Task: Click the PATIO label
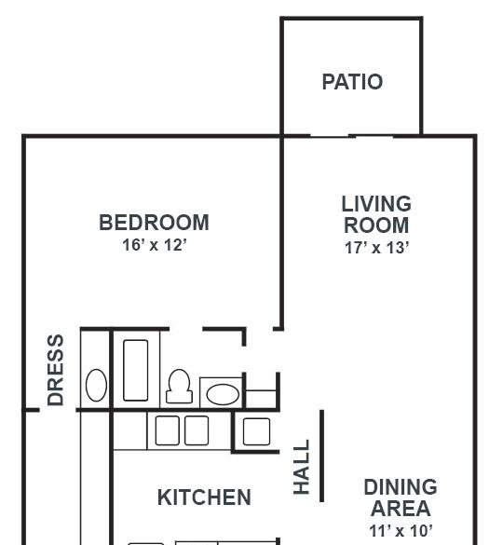[352, 82]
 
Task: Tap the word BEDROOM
[154, 223]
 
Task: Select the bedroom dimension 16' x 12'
[155, 245]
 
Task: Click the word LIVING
[376, 204]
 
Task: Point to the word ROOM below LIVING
[376, 225]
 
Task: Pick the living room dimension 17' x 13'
[377, 248]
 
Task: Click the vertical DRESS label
[56, 370]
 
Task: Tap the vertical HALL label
[302, 467]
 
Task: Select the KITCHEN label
[204, 497]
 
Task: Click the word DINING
[401, 487]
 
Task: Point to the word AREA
[401, 509]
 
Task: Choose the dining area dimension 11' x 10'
[401, 531]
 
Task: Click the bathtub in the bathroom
[136, 370]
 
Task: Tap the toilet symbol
[179, 386]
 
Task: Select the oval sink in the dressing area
[96, 385]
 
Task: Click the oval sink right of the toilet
[223, 394]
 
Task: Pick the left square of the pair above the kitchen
[168, 430]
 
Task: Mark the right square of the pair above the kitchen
[197, 430]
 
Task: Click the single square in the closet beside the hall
[256, 431]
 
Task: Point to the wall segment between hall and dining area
[322, 456]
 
